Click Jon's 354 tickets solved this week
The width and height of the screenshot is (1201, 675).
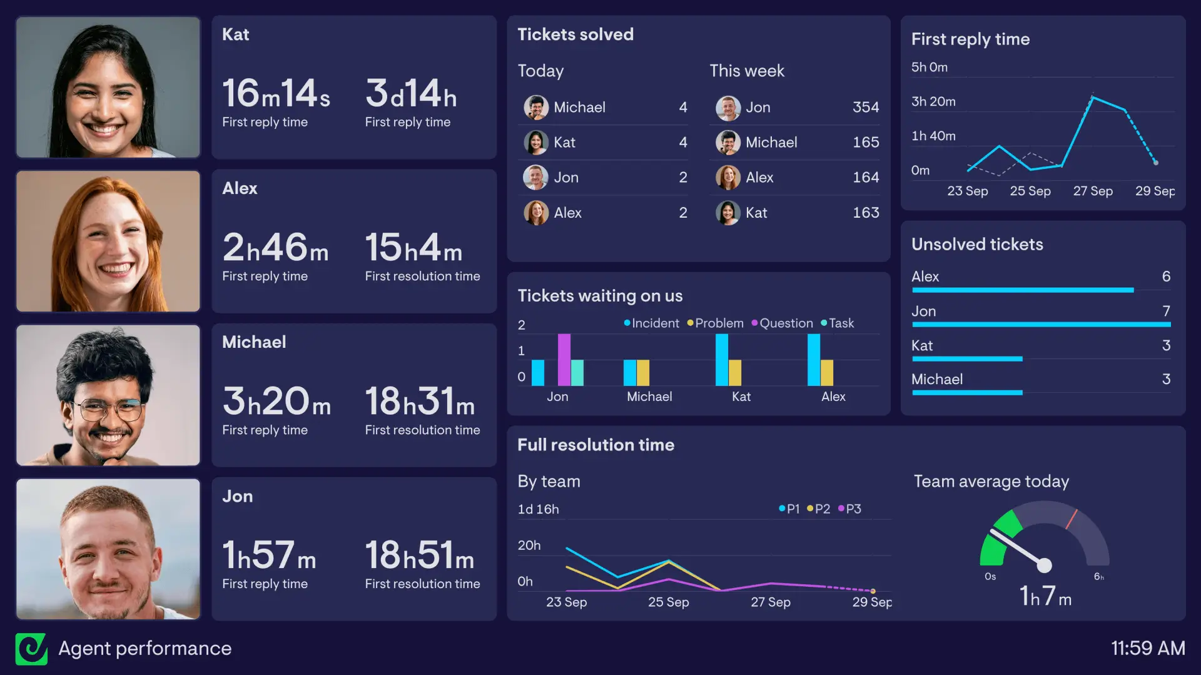(x=865, y=108)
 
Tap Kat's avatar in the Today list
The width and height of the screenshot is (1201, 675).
(x=535, y=143)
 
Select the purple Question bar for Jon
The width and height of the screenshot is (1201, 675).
(x=564, y=360)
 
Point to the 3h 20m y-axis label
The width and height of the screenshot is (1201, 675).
(x=933, y=101)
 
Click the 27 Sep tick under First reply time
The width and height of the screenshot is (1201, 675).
(x=1092, y=191)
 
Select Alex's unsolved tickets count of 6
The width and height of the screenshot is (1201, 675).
(x=1166, y=277)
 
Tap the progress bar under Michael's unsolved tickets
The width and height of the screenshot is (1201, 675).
(x=967, y=393)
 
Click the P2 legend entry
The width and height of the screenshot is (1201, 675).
(x=819, y=509)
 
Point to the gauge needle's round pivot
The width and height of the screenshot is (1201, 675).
(x=1044, y=566)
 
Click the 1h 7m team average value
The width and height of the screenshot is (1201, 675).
(x=1045, y=596)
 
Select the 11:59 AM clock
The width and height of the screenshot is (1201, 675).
(x=1147, y=648)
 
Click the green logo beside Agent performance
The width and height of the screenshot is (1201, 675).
(x=31, y=649)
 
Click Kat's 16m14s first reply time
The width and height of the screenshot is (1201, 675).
(x=276, y=94)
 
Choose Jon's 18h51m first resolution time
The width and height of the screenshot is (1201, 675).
(x=419, y=556)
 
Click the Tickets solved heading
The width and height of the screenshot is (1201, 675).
(x=575, y=34)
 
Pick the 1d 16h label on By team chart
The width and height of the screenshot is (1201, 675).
(x=538, y=509)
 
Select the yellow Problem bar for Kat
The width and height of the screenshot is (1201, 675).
(x=735, y=373)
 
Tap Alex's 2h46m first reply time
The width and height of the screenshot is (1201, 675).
(x=275, y=248)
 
